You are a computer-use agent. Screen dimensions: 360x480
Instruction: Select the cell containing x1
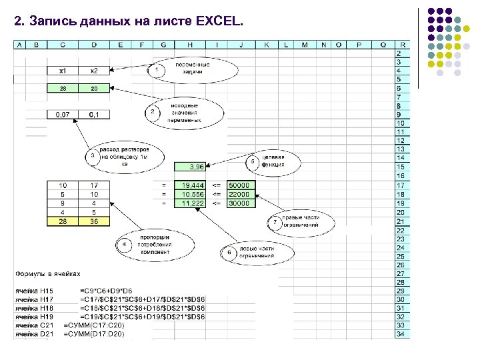63,70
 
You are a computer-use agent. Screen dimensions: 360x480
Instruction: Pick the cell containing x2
94,70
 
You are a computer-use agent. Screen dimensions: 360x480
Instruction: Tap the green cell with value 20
94,88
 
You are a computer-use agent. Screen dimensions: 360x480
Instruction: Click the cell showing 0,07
63,115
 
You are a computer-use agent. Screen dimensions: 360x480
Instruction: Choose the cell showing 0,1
94,115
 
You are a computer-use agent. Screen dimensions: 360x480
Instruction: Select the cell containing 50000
239,185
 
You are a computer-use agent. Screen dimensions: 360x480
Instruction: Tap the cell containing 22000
239,194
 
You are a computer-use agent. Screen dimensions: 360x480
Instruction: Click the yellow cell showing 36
94,221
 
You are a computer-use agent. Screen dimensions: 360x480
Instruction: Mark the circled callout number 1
157,69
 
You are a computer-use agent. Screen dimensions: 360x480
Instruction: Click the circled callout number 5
252,161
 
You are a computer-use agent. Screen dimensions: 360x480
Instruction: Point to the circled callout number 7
274,221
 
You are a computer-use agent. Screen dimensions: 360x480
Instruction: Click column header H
191,45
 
